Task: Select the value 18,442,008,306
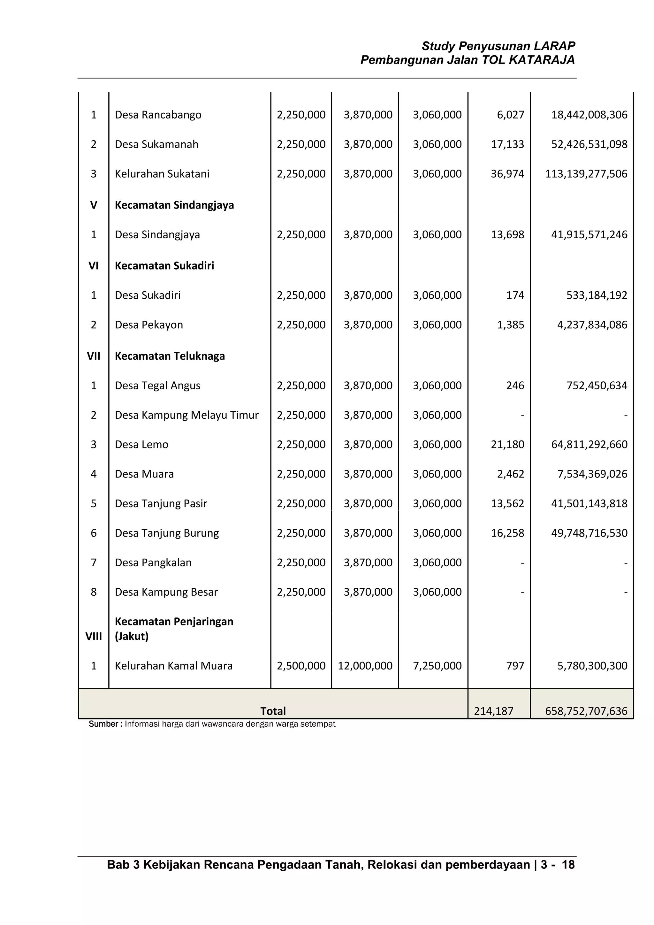589,115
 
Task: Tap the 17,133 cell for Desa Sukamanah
507,144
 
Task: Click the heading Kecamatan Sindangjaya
174,205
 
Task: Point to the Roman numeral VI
94,266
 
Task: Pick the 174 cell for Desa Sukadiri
515,295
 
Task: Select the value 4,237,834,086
592,325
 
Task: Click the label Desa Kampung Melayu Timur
186,415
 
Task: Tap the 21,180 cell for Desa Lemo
507,444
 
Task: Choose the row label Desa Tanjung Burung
167,533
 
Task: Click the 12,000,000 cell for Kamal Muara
365,666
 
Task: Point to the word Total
273,711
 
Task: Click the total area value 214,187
493,711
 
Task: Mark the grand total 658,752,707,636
586,711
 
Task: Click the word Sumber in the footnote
103,724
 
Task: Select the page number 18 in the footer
568,865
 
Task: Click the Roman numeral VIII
94,637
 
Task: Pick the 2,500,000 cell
301,666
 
